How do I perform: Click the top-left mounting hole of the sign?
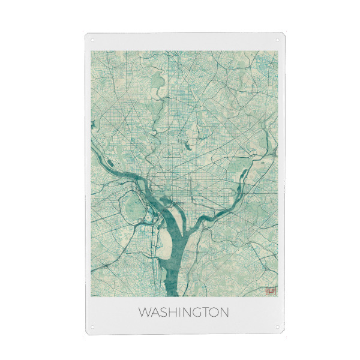pyautogui.click(x=92, y=40)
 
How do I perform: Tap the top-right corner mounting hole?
pyautogui.click(x=277, y=40)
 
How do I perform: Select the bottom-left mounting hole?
pyautogui.click(x=92, y=328)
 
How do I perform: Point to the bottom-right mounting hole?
pyautogui.click(x=277, y=328)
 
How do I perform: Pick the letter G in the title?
pyautogui.click(x=196, y=313)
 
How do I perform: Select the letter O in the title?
pyautogui.click(x=213, y=313)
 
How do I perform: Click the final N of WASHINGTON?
pyautogui.click(x=224, y=313)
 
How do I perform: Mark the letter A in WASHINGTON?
pyautogui.click(x=155, y=313)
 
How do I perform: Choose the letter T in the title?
pyautogui.click(x=204, y=313)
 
